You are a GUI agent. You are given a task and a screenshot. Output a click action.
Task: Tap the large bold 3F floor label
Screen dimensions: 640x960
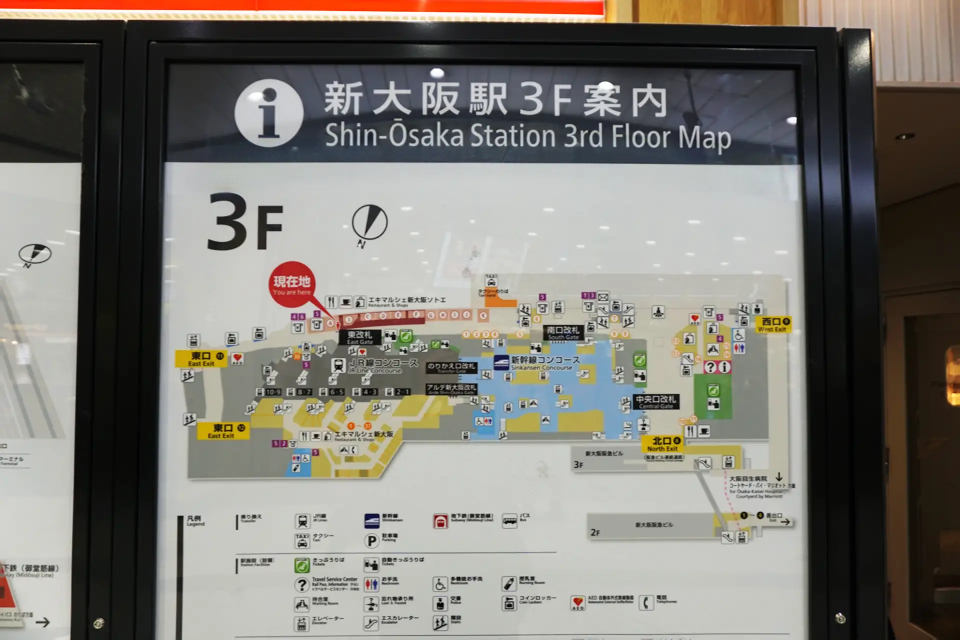(245, 222)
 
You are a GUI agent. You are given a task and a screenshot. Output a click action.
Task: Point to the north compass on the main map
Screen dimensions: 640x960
(369, 222)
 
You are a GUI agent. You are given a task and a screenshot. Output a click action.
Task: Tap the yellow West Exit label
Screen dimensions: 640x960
(773, 324)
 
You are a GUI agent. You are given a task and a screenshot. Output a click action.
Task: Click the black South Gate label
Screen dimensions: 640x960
(563, 332)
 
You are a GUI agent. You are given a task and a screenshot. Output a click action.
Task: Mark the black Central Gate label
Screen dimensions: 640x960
(655, 401)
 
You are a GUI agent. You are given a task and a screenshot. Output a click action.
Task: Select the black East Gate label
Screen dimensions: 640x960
(359, 337)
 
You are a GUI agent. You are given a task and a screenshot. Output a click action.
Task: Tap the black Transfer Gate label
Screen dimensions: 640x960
(451, 368)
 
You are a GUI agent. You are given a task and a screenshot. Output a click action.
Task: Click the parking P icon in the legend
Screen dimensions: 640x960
(371, 540)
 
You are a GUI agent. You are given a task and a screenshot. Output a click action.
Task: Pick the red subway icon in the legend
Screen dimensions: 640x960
(440, 521)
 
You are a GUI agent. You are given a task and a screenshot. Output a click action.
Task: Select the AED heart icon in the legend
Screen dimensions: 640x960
(577, 603)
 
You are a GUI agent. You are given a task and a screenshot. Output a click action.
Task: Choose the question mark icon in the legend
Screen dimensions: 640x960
(301, 584)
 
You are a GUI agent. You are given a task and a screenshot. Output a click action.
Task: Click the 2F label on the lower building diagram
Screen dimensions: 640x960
(594, 532)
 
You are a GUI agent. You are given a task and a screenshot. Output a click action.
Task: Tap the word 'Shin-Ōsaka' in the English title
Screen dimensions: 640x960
(394, 135)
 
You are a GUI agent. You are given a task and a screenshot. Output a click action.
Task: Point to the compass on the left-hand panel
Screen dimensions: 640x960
(34, 254)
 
